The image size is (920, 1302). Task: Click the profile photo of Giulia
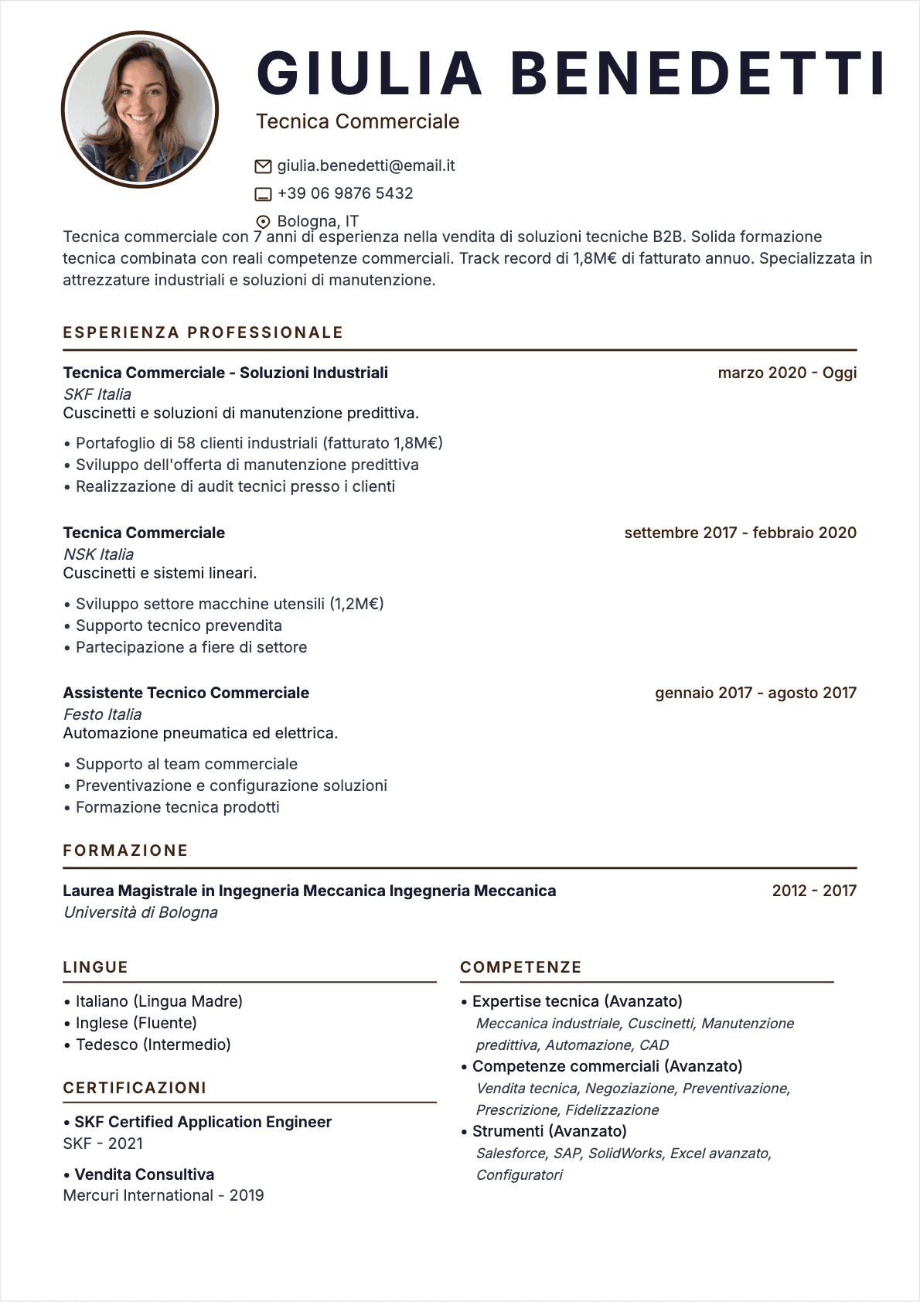pos(140,109)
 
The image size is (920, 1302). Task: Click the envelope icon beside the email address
pos(263,166)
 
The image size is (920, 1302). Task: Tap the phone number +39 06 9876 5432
pos(345,193)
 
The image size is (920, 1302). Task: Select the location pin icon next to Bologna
pos(263,221)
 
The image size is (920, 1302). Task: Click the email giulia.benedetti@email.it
pos(366,165)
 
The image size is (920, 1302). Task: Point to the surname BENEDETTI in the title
pos(697,73)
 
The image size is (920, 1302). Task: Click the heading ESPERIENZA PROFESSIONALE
pos(203,332)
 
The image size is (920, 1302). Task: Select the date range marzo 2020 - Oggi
pos(786,373)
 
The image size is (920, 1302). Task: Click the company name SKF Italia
pos(97,394)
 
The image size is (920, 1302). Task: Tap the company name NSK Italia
pos(98,554)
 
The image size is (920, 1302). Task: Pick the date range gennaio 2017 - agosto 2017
pos(755,693)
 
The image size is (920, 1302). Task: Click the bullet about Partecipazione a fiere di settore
pos(191,647)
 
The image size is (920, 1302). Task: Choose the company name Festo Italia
pos(102,714)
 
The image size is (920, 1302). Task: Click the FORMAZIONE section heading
pos(125,850)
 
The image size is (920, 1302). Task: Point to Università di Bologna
pos(140,912)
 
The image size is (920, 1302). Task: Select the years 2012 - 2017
pos(813,891)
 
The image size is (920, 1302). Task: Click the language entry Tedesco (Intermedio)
pos(153,1045)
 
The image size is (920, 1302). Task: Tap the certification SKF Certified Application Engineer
pos(203,1122)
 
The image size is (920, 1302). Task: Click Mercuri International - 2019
pos(163,1195)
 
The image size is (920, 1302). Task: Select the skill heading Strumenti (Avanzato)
pos(549,1131)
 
